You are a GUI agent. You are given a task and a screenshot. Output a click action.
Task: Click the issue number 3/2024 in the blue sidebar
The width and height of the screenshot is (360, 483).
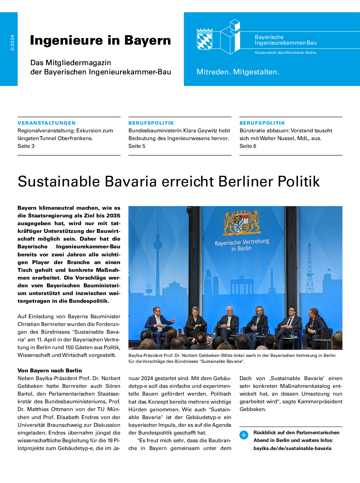tap(12, 43)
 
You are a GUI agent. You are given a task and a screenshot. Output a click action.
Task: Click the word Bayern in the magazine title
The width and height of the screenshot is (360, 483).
tap(147, 40)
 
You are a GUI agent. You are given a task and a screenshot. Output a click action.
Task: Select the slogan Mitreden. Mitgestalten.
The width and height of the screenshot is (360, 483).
tap(238, 72)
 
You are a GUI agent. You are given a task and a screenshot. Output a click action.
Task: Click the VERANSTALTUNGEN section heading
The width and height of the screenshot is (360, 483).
tap(47, 123)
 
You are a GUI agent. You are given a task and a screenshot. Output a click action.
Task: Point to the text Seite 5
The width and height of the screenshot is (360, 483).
tap(137, 146)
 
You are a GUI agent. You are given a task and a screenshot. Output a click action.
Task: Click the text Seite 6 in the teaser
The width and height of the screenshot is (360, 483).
tap(248, 146)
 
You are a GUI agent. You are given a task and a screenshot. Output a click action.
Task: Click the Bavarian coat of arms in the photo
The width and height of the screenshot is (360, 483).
tap(242, 222)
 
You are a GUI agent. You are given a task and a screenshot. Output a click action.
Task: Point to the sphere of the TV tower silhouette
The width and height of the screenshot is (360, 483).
tap(158, 246)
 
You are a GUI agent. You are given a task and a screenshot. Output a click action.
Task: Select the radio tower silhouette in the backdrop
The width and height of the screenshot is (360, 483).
tap(310, 268)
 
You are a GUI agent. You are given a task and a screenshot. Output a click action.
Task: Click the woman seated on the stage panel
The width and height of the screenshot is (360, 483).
tap(195, 323)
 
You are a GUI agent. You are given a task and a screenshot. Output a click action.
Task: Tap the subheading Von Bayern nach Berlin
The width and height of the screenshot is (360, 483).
tap(50, 371)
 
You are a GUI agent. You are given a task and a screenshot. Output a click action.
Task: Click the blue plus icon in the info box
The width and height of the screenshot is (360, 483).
tap(243, 435)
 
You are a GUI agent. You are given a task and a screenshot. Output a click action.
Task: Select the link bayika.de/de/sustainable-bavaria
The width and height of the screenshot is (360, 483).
tap(292, 448)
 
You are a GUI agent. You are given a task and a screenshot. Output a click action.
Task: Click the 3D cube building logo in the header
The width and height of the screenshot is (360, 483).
tap(231, 37)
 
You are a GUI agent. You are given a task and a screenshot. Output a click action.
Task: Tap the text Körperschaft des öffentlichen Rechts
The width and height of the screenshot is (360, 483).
tap(285, 53)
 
